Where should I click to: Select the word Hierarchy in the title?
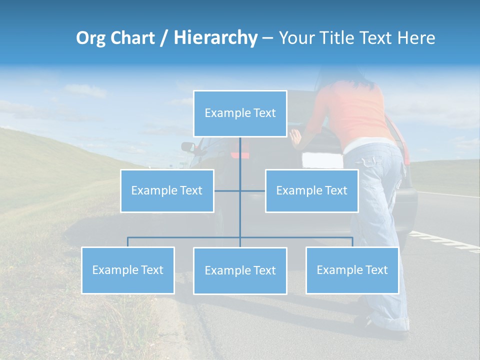point(215,38)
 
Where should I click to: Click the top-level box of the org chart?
point(240,113)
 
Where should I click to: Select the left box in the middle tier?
point(167,190)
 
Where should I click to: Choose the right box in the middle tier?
point(311,190)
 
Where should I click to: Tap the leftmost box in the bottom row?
point(127,270)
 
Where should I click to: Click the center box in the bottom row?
point(240,270)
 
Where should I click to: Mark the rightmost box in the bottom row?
point(352,270)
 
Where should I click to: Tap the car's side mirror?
point(188,147)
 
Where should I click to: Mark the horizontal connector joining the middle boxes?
point(239,190)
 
